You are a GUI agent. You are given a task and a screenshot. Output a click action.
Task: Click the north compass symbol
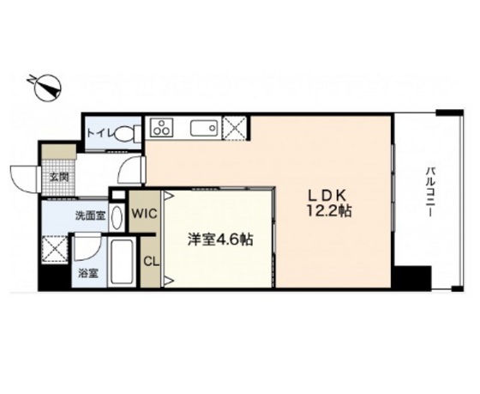coord(47,88)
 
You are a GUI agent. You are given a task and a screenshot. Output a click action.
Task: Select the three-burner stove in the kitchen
coord(162,127)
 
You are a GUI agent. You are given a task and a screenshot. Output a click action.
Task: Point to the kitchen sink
coord(204,128)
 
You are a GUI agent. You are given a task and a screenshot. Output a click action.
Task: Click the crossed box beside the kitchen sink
coord(235,128)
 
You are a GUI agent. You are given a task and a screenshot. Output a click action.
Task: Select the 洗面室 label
coord(91,216)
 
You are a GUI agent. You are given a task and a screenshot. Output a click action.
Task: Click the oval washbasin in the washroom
coord(117,218)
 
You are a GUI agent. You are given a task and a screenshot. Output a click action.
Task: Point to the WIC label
coord(145,214)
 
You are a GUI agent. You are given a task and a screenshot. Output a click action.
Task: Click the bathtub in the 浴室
coord(122,261)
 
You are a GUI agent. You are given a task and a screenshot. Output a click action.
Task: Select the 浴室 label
coord(88,273)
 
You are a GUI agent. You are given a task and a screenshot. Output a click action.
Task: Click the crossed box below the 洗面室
coord(55,249)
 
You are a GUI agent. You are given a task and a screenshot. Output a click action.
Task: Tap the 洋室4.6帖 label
coord(220,239)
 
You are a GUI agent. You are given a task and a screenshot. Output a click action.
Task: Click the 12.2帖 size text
coord(329,211)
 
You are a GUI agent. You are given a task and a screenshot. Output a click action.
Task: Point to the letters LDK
coord(327,196)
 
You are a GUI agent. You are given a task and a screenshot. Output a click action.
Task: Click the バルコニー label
coord(430,192)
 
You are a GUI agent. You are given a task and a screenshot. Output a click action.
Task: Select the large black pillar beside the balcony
coord(411,278)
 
